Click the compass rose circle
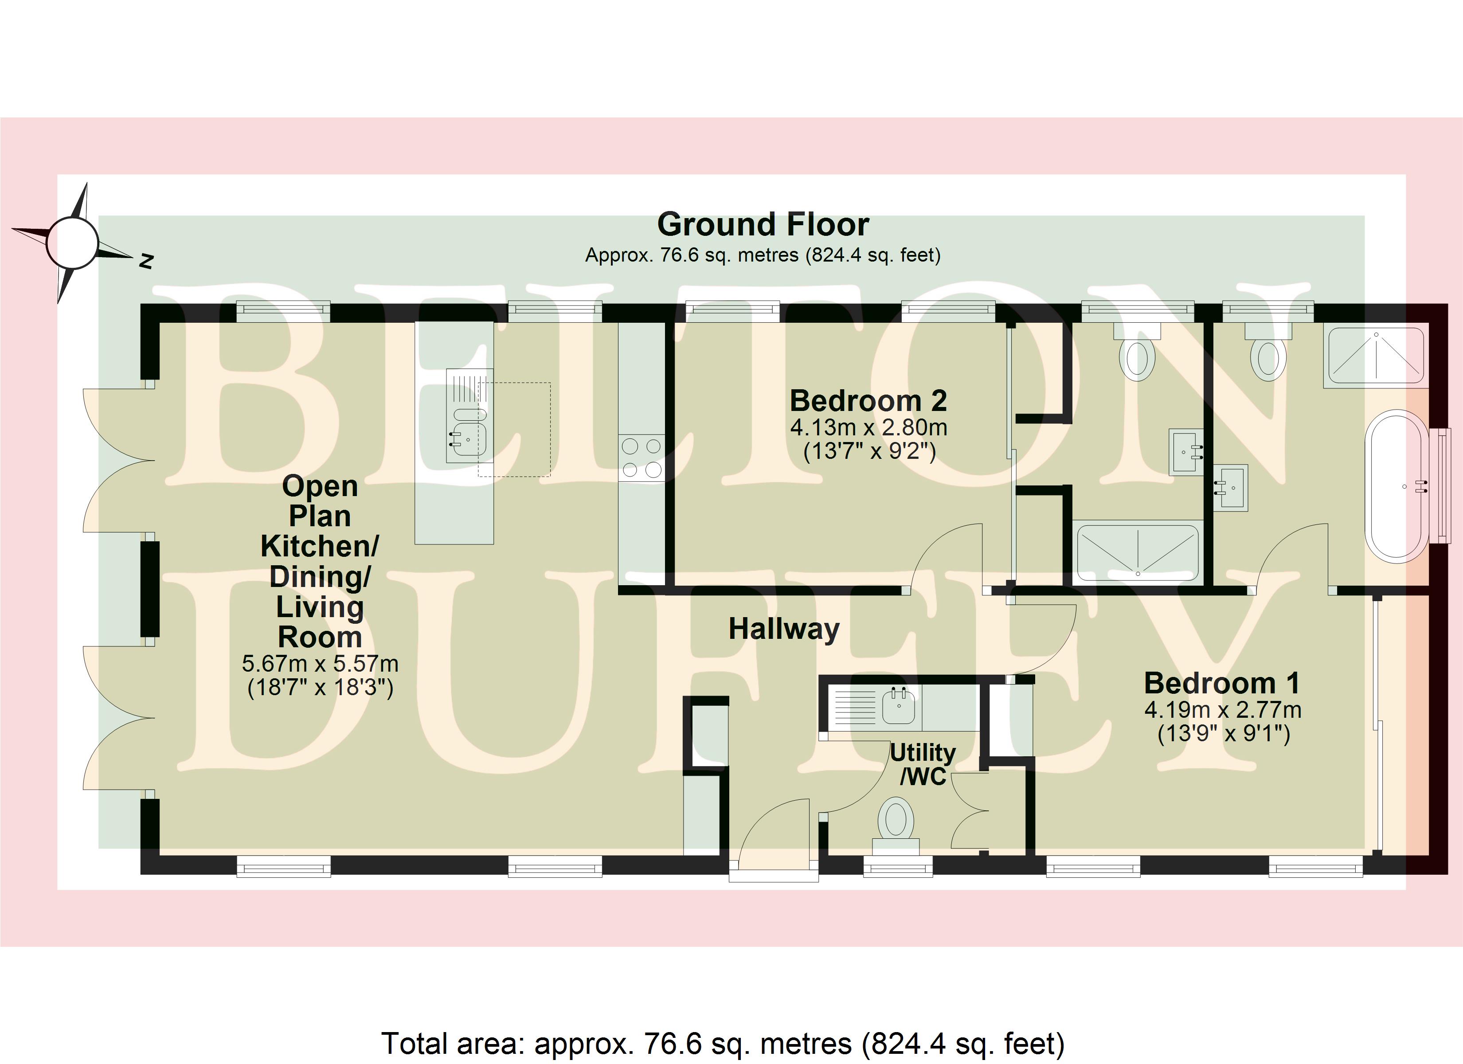point(72,243)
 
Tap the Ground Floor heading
point(763,224)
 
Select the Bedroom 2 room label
point(868,401)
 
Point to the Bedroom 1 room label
point(1222,683)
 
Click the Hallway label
point(784,629)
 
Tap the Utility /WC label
point(923,764)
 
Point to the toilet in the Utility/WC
point(896,826)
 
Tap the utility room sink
point(899,707)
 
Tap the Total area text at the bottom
point(723,1043)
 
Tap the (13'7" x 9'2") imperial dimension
point(869,450)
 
